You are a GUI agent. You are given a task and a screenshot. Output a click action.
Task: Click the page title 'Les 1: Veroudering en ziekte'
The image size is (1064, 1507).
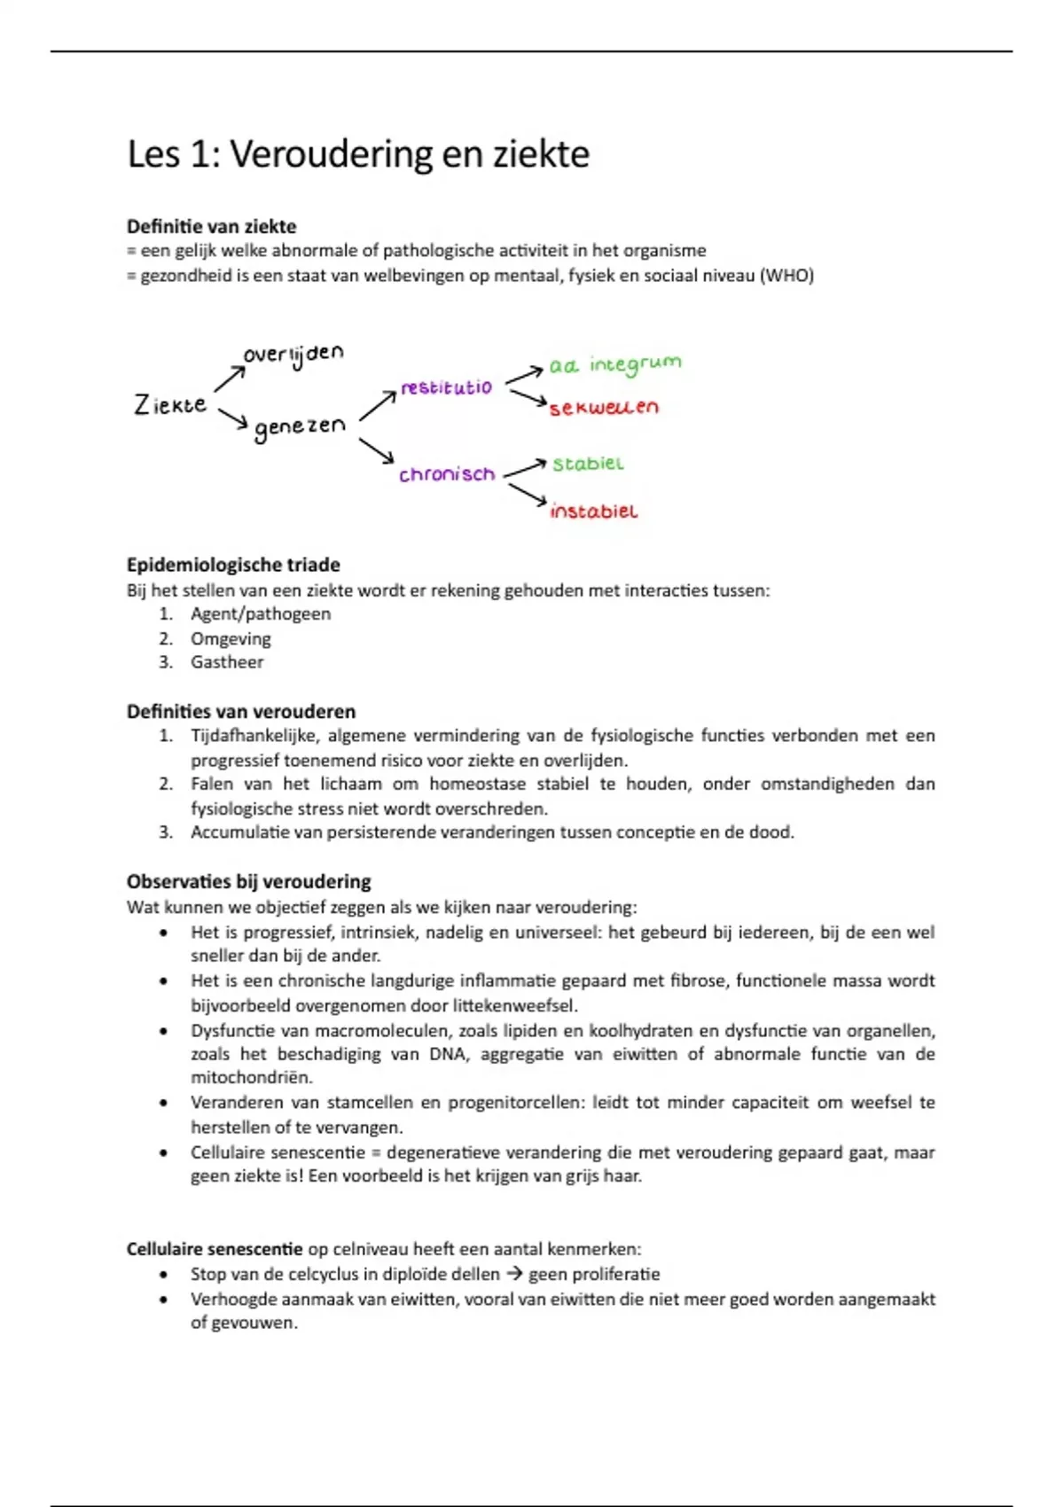358,154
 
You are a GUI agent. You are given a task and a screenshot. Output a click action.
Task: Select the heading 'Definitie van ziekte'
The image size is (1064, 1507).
211,226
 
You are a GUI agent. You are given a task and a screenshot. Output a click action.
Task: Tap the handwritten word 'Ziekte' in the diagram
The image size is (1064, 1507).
170,405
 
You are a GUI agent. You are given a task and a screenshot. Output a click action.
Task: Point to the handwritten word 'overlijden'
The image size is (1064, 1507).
293,355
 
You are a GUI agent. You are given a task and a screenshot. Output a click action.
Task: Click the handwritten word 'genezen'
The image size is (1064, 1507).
300,427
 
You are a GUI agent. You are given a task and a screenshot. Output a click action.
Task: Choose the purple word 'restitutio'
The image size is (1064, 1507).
446,387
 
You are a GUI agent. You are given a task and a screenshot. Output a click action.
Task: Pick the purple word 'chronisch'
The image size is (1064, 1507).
447,474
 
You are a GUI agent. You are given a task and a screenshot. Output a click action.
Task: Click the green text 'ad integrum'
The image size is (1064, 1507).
614,364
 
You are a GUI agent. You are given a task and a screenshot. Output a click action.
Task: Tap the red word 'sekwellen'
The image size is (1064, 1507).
604,408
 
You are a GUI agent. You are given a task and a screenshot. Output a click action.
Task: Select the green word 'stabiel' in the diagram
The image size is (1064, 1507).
588,464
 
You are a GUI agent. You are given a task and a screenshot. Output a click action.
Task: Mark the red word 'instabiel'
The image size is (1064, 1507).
593,511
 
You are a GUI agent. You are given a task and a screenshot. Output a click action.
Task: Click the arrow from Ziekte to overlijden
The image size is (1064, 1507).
230,379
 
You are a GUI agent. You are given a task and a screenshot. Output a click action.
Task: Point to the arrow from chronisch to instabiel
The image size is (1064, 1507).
528,496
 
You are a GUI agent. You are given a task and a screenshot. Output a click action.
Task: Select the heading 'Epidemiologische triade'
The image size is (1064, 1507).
233,565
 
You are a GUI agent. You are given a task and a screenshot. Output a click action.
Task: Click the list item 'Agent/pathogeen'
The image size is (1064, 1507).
261,614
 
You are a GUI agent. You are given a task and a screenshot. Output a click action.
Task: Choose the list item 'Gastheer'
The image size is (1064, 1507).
227,662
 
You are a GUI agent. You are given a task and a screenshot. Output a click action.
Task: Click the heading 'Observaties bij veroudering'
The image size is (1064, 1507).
248,881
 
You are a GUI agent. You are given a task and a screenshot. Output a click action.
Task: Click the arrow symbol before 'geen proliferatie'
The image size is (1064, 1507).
514,1274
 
